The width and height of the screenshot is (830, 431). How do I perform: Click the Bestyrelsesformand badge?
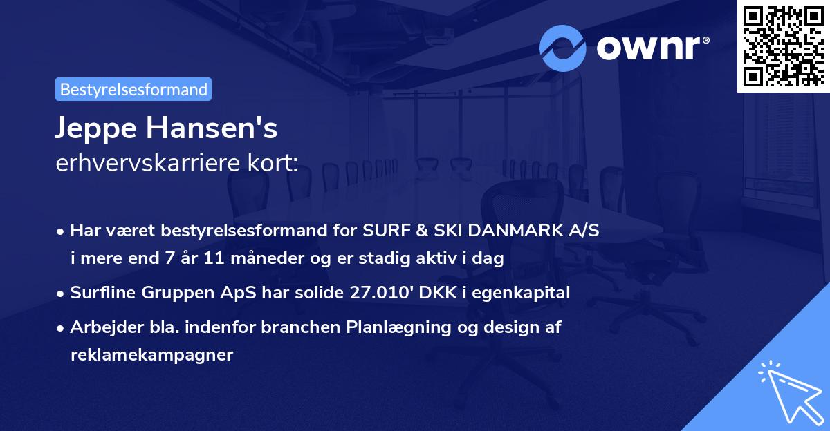pos(133,89)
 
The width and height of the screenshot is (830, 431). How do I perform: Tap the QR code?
pos(782,46)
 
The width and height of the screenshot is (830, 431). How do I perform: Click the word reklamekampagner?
pos(151,355)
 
